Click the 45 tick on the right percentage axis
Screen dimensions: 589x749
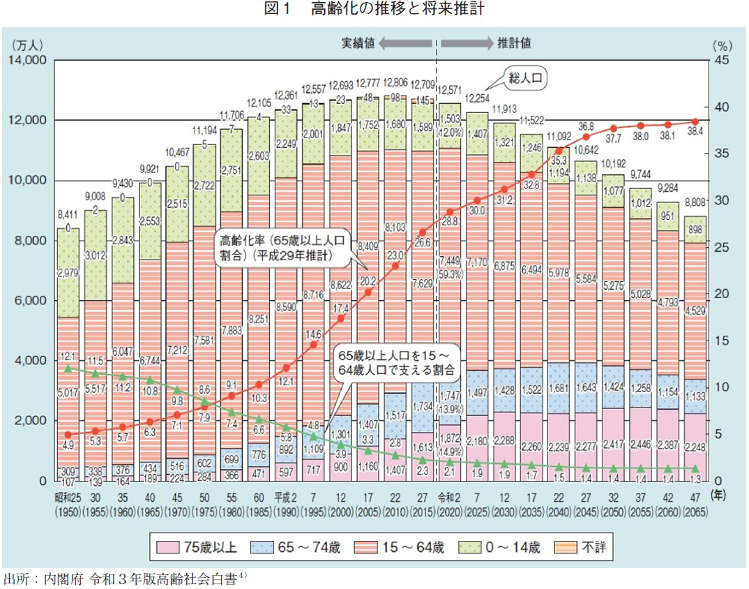point(722,61)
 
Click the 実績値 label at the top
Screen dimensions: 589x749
point(358,43)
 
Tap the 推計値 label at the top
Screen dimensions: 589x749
point(514,43)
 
